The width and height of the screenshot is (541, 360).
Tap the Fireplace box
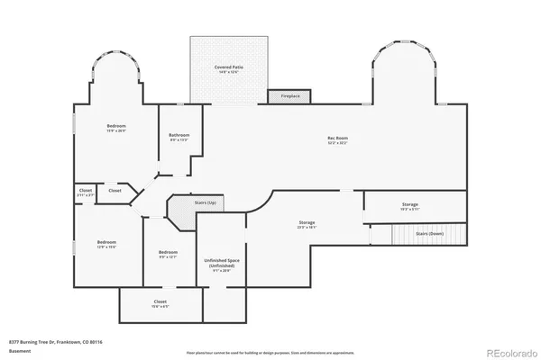pyautogui.click(x=289, y=94)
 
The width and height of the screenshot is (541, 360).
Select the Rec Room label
pyautogui.click(x=337, y=138)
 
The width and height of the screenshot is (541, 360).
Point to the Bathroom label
pyautogui.click(x=179, y=135)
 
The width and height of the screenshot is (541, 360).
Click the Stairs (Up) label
pyautogui.click(x=206, y=202)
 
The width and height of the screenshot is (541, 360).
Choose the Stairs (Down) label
pyautogui.click(x=429, y=233)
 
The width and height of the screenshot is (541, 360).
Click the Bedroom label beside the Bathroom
pyautogui.click(x=116, y=125)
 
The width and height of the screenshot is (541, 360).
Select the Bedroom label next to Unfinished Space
pyautogui.click(x=168, y=252)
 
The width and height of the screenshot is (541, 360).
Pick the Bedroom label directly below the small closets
pyautogui.click(x=106, y=242)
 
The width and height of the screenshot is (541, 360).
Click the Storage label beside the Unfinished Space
pyautogui.click(x=307, y=222)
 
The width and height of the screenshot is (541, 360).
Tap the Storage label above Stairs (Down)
pyautogui.click(x=410, y=204)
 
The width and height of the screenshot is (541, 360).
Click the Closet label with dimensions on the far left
pyautogui.click(x=85, y=190)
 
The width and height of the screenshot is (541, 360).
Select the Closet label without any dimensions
pyautogui.click(x=115, y=190)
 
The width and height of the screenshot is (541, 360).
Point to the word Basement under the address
pyautogui.click(x=17, y=349)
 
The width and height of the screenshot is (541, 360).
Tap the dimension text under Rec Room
pyautogui.click(x=337, y=143)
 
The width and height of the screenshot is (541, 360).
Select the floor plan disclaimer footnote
pyautogui.click(x=270, y=352)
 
